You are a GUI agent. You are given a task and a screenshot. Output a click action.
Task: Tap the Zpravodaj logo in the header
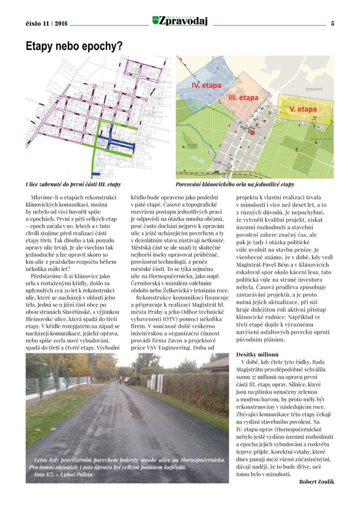pyautogui.click(x=180, y=21)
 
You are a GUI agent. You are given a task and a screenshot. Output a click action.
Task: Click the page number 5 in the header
pyautogui.click(x=332, y=23)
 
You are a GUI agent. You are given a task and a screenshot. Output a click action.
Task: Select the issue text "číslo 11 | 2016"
pyautogui.click(x=47, y=23)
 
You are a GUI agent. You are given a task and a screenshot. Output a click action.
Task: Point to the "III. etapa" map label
pyautogui.click(x=243, y=97)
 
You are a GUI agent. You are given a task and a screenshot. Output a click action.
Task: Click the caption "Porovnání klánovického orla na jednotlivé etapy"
pyautogui.click(x=235, y=184)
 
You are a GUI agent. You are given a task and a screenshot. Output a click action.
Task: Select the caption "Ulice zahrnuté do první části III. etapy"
pyautogui.click(x=73, y=184)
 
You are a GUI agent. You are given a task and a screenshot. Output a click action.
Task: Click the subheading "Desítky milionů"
pyautogui.click(x=256, y=354)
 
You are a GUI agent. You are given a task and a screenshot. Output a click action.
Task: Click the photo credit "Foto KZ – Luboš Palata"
pyautogui.click(x=61, y=474)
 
